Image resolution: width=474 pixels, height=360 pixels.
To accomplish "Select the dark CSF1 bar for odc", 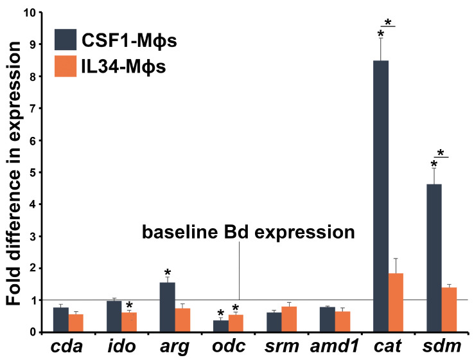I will tap(221, 326).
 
